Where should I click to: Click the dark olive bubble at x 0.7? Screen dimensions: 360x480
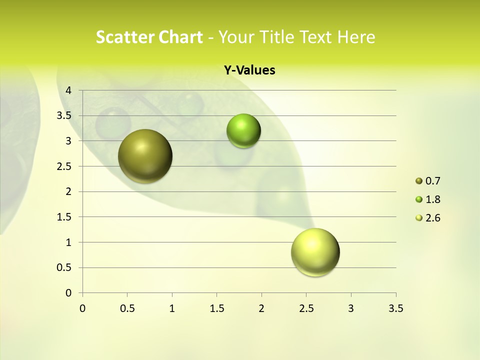[x=145, y=156]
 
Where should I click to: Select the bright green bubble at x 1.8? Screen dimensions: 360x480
[x=243, y=131]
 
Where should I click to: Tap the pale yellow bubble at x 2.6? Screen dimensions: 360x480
[x=315, y=252]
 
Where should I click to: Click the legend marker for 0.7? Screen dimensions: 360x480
[x=419, y=181]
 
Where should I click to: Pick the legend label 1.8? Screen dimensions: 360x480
[x=432, y=199]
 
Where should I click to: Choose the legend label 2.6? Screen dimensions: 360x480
[x=432, y=218]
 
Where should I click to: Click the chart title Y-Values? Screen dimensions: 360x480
[x=249, y=70]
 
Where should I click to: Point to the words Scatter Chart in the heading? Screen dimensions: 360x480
[x=149, y=37]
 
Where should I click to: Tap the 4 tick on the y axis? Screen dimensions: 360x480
[x=69, y=90]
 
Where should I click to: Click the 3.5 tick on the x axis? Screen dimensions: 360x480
[x=395, y=308]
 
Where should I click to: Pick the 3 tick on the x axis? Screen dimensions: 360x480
[x=351, y=308]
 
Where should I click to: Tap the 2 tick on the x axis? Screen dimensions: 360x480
[x=261, y=308]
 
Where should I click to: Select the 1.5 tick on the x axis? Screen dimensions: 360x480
[x=216, y=308]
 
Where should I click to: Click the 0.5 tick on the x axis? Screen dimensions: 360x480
[x=127, y=308]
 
